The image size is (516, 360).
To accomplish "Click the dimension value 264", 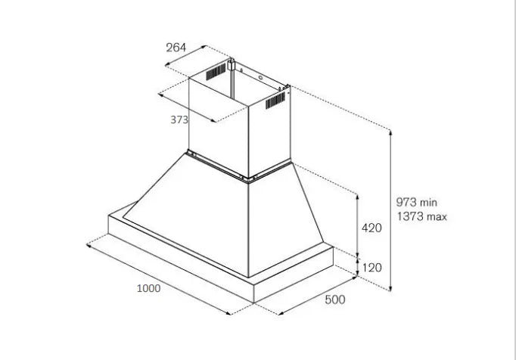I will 176,48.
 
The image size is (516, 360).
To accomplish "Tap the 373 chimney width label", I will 179,119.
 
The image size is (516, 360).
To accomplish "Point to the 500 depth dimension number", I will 334,299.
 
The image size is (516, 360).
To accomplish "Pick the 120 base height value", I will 371,267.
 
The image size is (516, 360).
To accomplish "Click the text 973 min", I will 417,203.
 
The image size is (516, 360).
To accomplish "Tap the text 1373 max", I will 421,217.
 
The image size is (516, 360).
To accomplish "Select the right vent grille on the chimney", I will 275,99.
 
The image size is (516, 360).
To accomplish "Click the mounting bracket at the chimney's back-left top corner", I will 234,61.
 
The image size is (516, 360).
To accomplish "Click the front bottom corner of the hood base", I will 253,303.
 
